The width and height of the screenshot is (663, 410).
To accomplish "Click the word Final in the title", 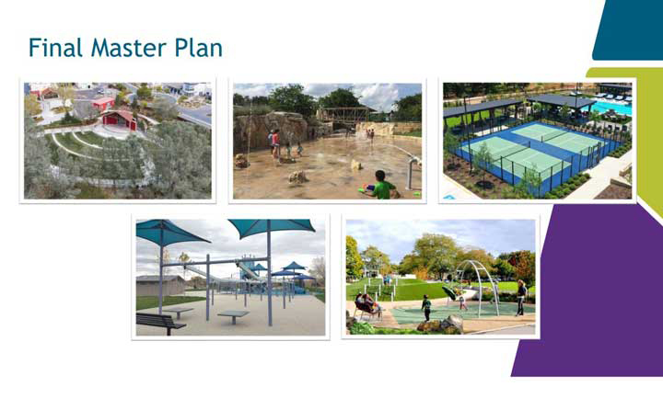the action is pyautogui.click(x=55, y=47).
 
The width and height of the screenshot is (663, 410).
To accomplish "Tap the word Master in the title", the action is pyautogui.click(x=129, y=47).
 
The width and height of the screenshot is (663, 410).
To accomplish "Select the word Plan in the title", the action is pyautogui.click(x=198, y=47).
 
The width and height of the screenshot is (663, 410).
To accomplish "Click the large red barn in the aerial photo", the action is pyautogui.click(x=120, y=120).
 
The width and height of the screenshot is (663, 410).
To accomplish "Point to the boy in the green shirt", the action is pyautogui.click(x=382, y=185).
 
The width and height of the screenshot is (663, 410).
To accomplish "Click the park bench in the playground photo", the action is pyautogui.click(x=160, y=323).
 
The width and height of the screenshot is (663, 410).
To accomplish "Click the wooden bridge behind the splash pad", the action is pyautogui.click(x=344, y=115).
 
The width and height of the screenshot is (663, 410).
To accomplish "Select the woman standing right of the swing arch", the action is pyautogui.click(x=521, y=298).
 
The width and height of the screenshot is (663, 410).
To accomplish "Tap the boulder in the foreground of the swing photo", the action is pyautogui.click(x=451, y=324).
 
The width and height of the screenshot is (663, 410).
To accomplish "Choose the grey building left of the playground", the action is pyautogui.click(x=160, y=286).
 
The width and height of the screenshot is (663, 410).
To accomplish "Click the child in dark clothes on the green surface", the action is pyautogui.click(x=426, y=308).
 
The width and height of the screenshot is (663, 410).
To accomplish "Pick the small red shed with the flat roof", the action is pyautogui.click(x=103, y=104).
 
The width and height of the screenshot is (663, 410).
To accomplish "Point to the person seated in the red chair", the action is pyautogui.click(x=367, y=303).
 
